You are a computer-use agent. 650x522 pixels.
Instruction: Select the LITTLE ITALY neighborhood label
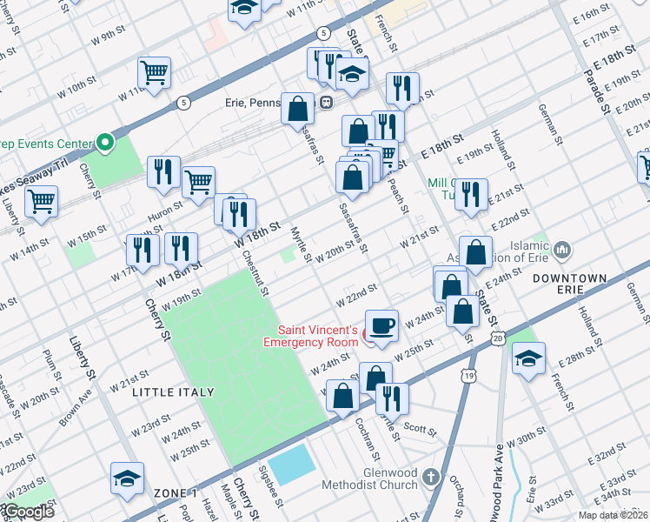[x=173, y=392]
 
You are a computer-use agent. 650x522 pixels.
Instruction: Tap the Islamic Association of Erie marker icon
[x=561, y=251]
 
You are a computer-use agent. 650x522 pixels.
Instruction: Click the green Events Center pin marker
[x=105, y=142]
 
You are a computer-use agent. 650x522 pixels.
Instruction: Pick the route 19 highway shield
[x=469, y=376]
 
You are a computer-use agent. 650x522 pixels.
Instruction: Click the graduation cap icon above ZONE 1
[x=127, y=478]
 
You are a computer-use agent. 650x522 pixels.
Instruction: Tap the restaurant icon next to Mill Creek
[x=470, y=195]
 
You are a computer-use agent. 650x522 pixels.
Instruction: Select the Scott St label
[x=420, y=429]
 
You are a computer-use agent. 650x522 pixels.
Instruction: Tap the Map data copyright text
[x=612, y=515]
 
